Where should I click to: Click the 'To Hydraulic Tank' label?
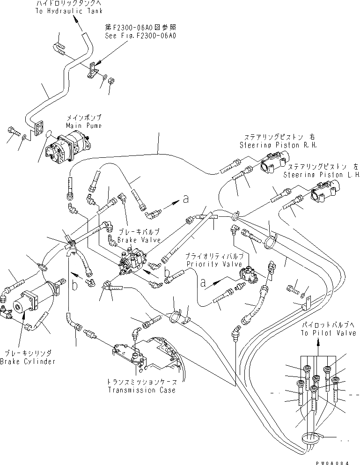point(68,12)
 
